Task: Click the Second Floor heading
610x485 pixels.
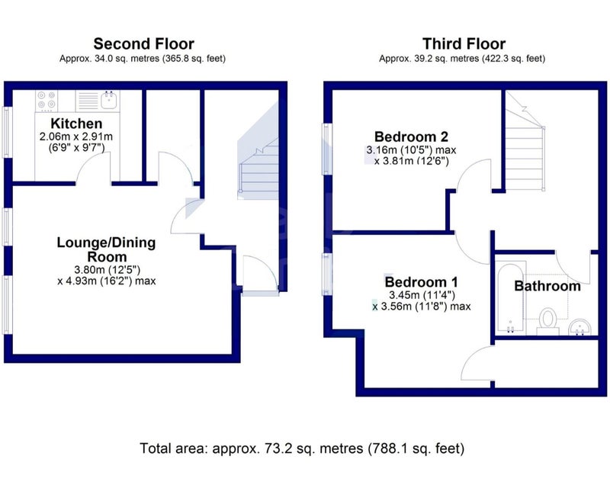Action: pyautogui.click(x=143, y=43)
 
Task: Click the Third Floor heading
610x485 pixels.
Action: pyautogui.click(x=464, y=43)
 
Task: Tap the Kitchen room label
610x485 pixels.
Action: pyautogui.click(x=76, y=124)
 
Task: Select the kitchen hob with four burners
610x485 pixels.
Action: pyautogui.click(x=47, y=101)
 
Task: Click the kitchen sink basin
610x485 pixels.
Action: pyautogui.click(x=109, y=100)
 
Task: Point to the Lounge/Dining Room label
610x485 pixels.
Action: pyautogui.click(x=106, y=249)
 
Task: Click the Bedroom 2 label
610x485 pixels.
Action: pyautogui.click(x=411, y=137)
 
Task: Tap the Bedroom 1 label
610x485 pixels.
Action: pyautogui.click(x=422, y=281)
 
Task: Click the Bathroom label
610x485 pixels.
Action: pyautogui.click(x=547, y=286)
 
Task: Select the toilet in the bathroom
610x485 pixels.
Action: pyautogui.click(x=548, y=321)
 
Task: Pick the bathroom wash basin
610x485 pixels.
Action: pyautogui.click(x=579, y=326)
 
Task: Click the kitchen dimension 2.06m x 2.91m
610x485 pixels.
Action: pyautogui.click(x=76, y=137)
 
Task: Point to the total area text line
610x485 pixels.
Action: pyautogui.click(x=302, y=448)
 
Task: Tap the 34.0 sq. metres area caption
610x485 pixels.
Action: pyautogui.click(x=143, y=59)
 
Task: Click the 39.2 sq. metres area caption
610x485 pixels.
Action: pyautogui.click(x=462, y=59)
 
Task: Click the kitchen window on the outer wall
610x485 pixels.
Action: pyautogui.click(x=7, y=132)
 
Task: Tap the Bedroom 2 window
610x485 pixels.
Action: pyautogui.click(x=327, y=149)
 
